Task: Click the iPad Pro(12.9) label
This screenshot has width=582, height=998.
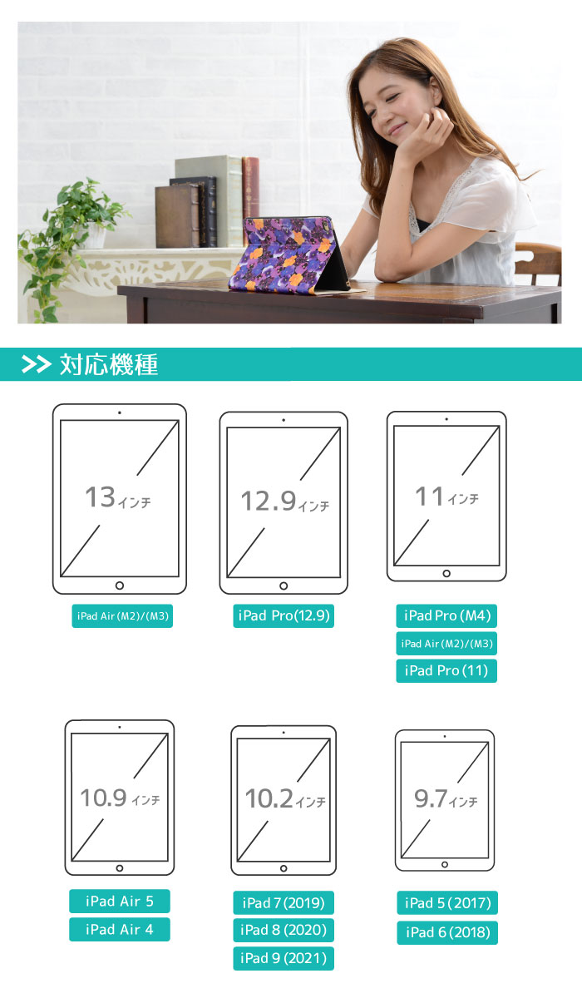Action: (x=284, y=616)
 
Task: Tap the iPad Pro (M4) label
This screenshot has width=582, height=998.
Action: (x=446, y=616)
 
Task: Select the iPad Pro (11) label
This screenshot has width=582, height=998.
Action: (x=446, y=670)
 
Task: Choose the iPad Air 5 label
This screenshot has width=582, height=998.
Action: (x=119, y=901)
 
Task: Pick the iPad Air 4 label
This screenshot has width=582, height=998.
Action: (x=119, y=929)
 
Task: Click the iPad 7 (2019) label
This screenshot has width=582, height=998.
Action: (x=283, y=902)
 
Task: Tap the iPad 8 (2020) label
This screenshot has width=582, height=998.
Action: (x=283, y=930)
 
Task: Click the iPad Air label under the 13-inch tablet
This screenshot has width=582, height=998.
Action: (x=122, y=616)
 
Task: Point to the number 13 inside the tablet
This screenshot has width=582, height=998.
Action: (x=100, y=497)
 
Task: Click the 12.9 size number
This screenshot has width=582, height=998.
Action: (x=269, y=501)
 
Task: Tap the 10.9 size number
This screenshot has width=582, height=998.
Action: (x=103, y=798)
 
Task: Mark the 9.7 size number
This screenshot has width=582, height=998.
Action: (x=431, y=799)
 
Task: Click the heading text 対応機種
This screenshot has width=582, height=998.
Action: (x=109, y=364)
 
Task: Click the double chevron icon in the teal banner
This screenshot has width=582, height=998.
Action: (x=37, y=364)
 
